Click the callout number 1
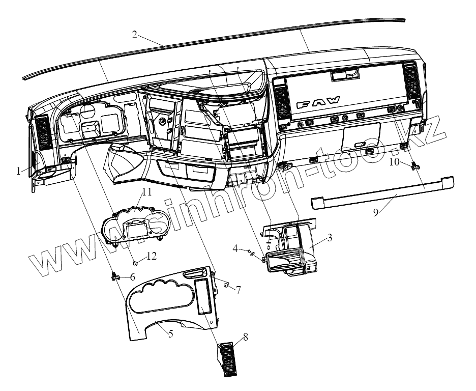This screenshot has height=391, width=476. (19, 172)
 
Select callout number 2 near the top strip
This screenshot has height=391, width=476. (134, 34)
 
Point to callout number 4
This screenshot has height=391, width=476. (235, 248)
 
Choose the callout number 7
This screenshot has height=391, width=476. (237, 289)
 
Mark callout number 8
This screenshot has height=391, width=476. (246, 337)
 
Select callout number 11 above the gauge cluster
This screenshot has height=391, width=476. (147, 191)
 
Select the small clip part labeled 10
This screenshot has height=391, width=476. (415, 164)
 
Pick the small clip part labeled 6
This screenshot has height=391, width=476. (115, 276)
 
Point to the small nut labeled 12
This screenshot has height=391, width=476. (135, 263)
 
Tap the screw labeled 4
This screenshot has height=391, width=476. (252, 253)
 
